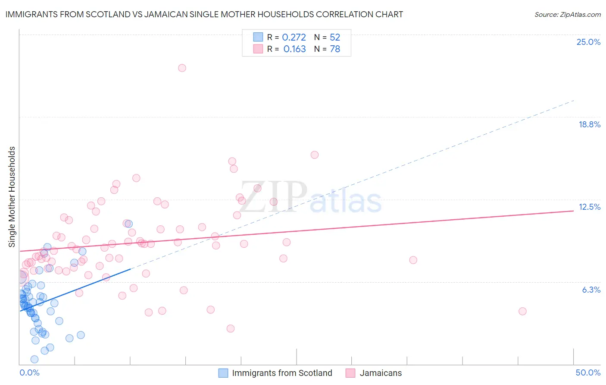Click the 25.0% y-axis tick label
pos(588,42)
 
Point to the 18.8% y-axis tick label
pos(589,124)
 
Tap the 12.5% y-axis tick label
pos(589,207)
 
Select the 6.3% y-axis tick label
pos(591,290)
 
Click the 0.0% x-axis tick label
pos(29,372)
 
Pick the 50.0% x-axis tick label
pos(588,372)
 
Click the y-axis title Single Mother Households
pos(12,197)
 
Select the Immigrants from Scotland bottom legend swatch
pos(223,373)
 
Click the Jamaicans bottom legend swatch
pos(350,373)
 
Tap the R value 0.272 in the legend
pos(294,38)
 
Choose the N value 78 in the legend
pos(335,49)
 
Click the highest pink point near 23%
pos(182,68)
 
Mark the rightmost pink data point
pos(522,311)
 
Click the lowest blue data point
pos(34,359)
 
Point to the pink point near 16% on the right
pos(315,155)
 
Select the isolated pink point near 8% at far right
pos(413,260)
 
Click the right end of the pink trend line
pos(573,211)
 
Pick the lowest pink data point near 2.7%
pos(231,328)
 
